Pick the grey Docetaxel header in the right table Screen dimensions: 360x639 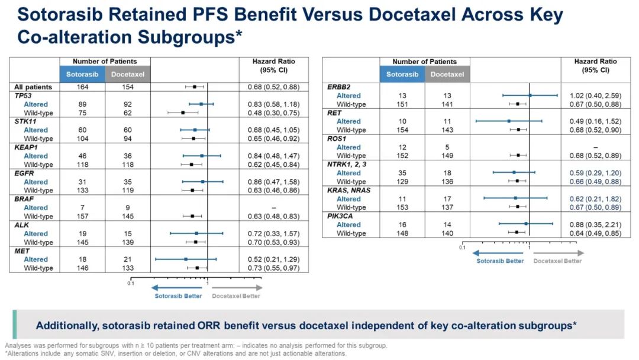[447, 75]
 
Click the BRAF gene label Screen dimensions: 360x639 [23, 199]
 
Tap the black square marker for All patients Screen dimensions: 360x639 [194, 87]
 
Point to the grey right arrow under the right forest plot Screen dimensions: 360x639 [557, 253]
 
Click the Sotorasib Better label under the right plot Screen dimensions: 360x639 [500, 261]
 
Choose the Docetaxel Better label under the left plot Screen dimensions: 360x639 [236, 296]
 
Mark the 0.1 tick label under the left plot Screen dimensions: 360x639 [131, 283]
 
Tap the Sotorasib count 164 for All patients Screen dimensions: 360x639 [82, 87]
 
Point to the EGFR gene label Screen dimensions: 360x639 [23, 173]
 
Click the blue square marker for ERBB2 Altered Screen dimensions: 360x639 [530, 95]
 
